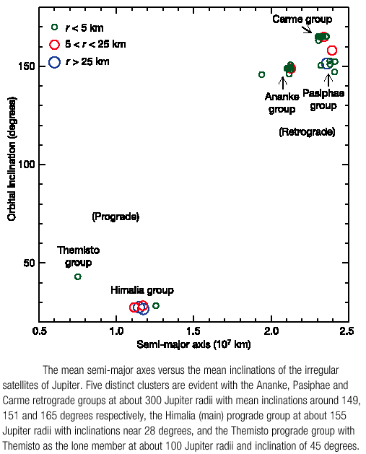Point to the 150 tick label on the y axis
(27, 66)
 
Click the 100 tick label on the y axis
(27, 165)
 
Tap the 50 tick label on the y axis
(30, 263)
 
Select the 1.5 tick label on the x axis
(193, 331)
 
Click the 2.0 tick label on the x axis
(271, 331)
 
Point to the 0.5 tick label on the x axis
(40, 331)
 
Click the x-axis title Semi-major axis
(193, 344)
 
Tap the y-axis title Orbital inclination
(12, 159)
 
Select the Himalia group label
(142, 290)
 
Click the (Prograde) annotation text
(116, 217)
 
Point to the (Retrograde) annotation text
(307, 132)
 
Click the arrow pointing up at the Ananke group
(282, 83)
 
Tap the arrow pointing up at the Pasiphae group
(328, 81)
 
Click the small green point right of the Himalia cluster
(156, 305)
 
